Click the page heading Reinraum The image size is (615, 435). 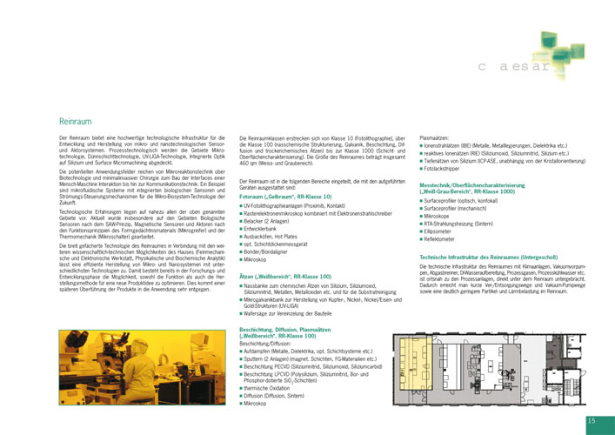click(75, 122)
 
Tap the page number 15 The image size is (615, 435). click(592, 421)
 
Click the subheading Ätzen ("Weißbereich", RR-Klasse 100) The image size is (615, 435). click(286, 275)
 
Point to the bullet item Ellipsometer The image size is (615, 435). click(442, 231)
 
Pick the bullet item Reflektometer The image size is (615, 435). click(444, 238)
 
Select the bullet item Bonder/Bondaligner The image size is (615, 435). click(274, 251)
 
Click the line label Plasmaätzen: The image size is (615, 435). click(435, 137)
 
